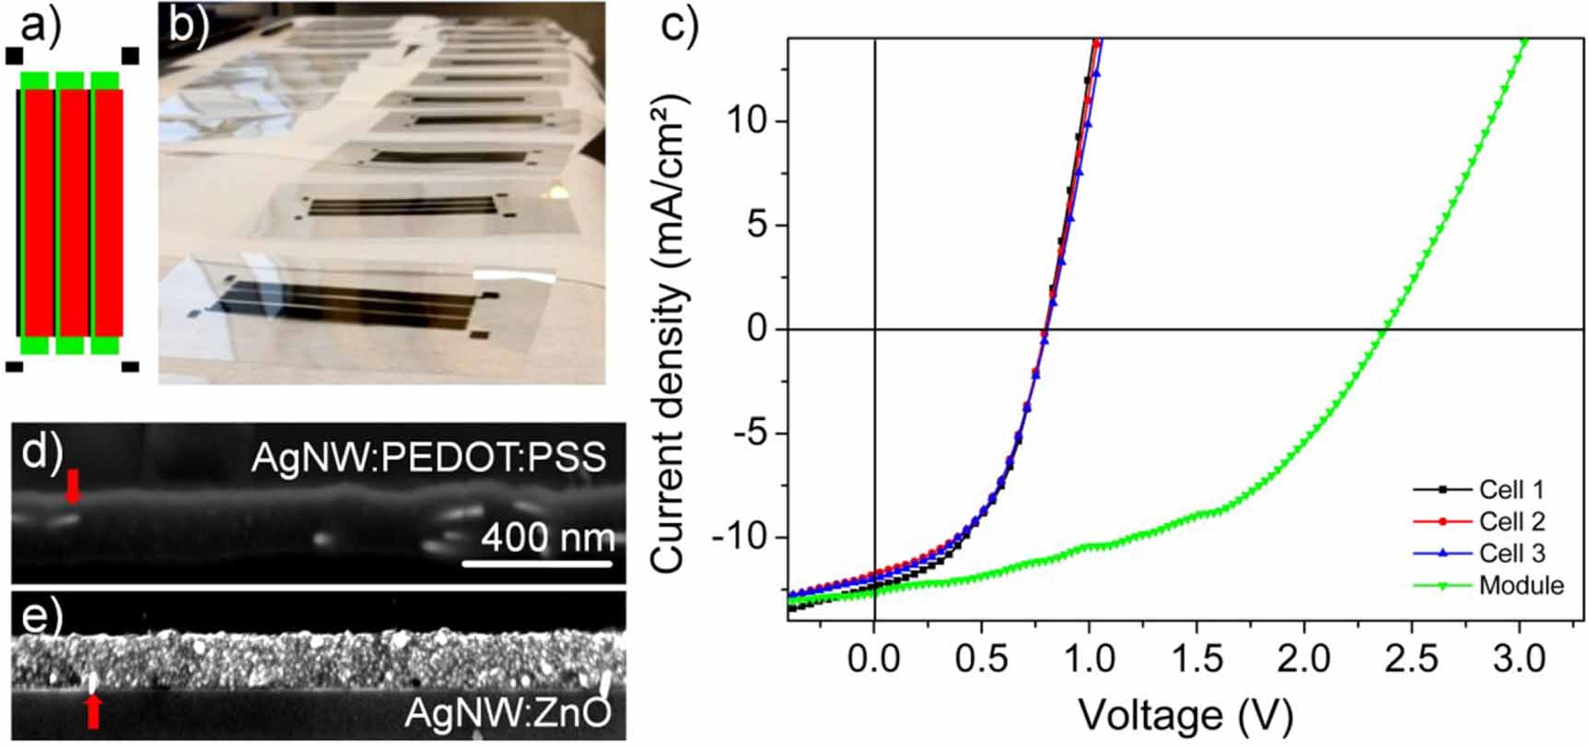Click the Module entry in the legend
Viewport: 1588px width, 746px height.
pos(1521,585)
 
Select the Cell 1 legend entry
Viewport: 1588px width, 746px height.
pos(1512,489)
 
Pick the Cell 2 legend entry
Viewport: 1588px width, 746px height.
pos(1512,521)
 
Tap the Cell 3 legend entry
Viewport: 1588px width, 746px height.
pos(1512,553)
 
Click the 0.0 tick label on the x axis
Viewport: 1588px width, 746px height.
pos(873,659)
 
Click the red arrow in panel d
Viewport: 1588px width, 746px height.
pos(73,485)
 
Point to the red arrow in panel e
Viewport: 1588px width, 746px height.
pos(92,711)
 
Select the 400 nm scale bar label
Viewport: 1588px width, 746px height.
pos(547,537)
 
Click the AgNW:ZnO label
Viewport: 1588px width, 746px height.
pos(508,714)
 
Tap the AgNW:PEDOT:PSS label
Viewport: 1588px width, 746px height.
pos(429,457)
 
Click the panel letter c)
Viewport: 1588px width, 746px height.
pos(680,26)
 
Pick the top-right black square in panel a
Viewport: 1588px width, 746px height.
pos(130,56)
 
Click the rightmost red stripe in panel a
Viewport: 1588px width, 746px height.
pos(108,212)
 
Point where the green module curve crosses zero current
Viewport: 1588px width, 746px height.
pos(1384,329)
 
